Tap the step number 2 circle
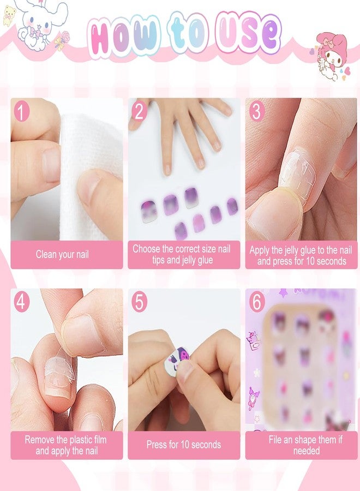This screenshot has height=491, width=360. coord(139,112)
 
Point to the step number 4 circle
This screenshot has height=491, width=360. coord(21,302)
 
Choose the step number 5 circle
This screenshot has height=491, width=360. coord(139,302)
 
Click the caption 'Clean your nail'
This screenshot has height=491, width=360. coord(62,254)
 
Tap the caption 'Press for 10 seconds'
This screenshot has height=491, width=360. coord(184,445)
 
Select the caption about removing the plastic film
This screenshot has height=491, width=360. coord(65,445)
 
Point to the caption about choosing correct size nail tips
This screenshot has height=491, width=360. coord(182,255)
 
